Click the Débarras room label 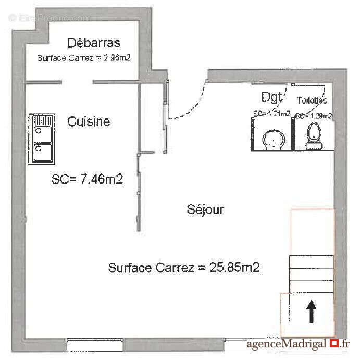94,43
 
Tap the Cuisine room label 89,121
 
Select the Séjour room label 205,209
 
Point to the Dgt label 271,96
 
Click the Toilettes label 312,100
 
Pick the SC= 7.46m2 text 88,180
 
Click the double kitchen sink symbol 42,138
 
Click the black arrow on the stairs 311,313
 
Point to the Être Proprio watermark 49,18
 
